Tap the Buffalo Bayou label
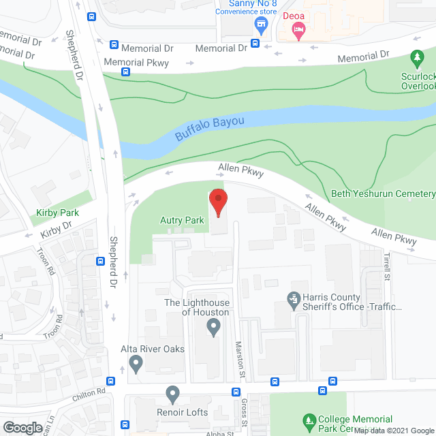click(209, 127)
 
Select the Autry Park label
click(182, 221)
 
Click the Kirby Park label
click(58, 213)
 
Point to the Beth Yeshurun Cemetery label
click(383, 194)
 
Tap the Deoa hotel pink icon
click(298, 29)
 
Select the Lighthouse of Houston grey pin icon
click(214, 328)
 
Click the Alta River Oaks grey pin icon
click(136, 363)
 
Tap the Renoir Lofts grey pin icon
click(172, 393)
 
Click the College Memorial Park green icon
click(309, 422)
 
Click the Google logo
click(22, 427)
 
